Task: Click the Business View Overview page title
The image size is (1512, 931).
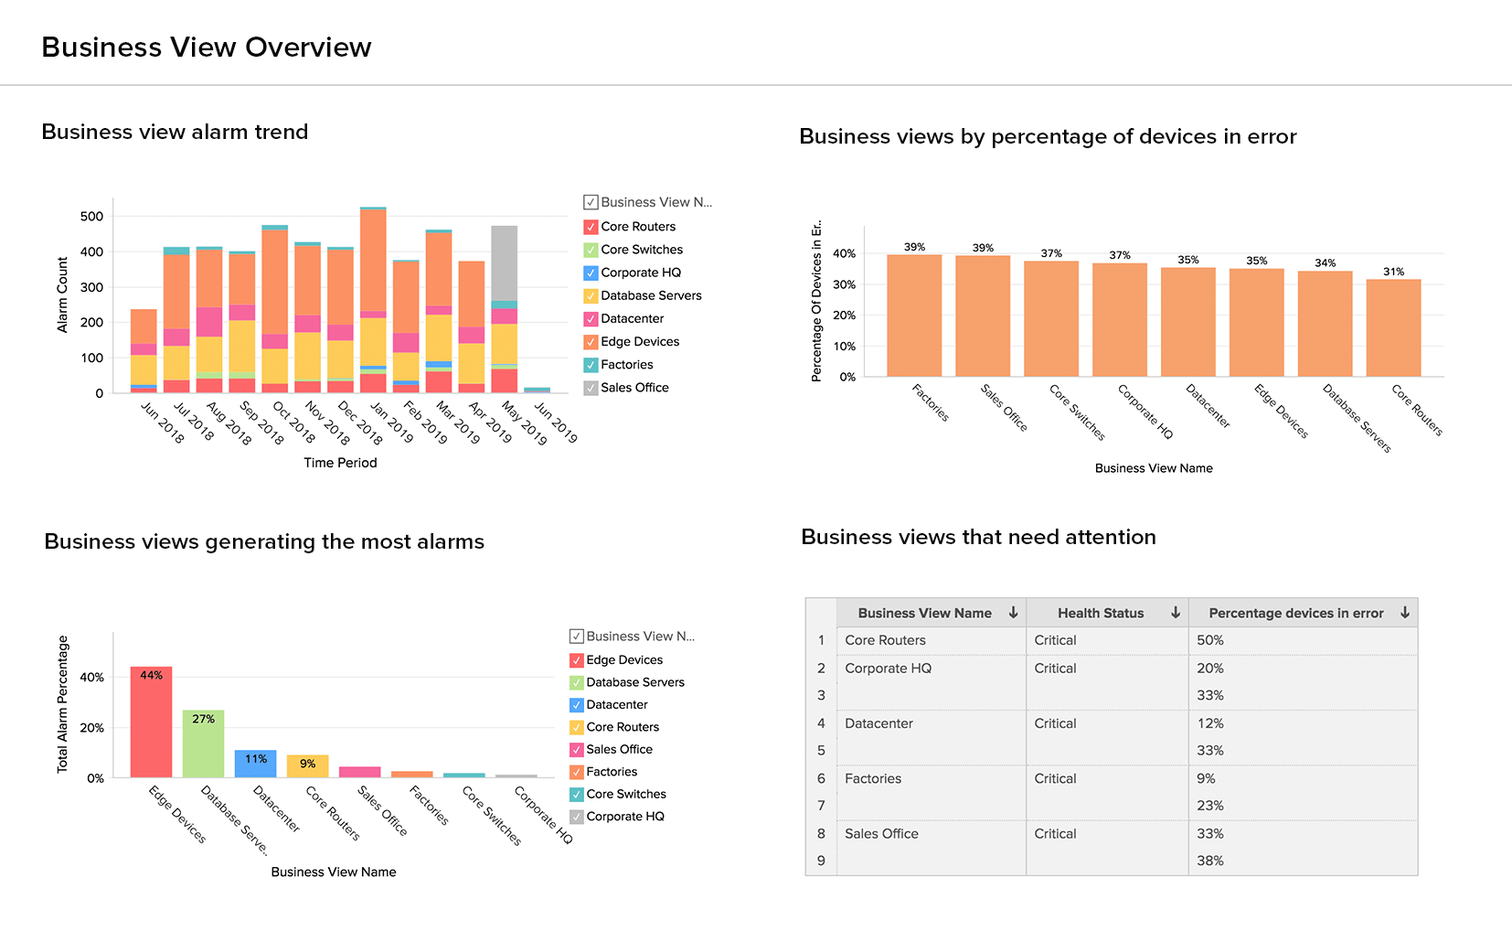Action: tap(207, 48)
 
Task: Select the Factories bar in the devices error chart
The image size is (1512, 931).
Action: tap(914, 316)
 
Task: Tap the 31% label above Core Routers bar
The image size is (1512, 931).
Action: tap(1393, 272)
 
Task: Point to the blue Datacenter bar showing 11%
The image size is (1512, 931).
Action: tap(255, 764)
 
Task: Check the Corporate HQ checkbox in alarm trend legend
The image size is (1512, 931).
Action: tap(591, 273)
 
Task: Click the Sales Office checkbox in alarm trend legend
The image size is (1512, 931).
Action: tap(591, 388)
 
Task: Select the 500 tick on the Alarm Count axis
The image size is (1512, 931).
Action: tap(91, 217)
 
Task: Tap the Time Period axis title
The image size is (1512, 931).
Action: tap(340, 463)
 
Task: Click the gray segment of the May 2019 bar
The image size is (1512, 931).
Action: tap(504, 263)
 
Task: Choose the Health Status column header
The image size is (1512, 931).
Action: tap(1101, 613)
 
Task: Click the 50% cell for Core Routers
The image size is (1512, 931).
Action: tap(1210, 640)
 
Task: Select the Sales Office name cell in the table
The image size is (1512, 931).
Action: tap(881, 834)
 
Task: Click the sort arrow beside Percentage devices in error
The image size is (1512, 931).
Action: tap(1405, 613)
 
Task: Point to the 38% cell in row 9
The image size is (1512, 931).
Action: tap(1210, 861)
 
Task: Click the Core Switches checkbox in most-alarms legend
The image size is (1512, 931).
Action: tap(577, 795)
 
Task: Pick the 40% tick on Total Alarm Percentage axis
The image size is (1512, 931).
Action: tap(91, 678)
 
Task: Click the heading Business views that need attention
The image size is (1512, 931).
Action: tap(978, 537)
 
